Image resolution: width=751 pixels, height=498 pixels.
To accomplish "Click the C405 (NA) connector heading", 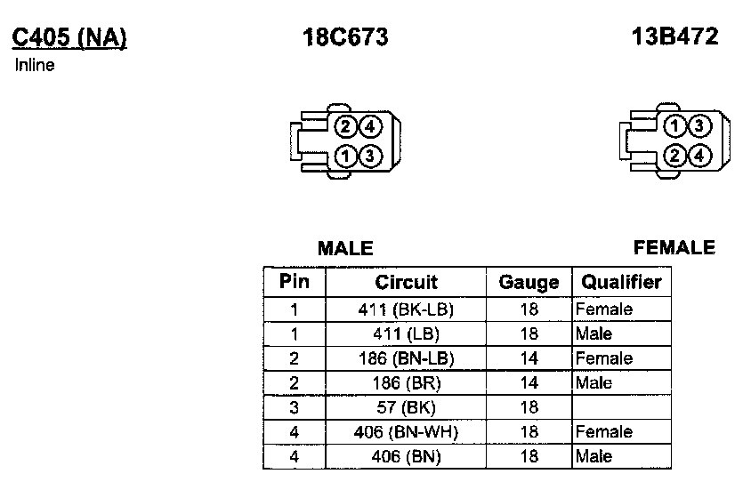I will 69,37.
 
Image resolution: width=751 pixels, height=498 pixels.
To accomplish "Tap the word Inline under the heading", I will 35,65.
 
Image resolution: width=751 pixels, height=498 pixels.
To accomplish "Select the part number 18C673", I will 345,37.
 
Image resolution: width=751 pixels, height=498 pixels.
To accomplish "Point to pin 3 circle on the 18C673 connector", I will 370,157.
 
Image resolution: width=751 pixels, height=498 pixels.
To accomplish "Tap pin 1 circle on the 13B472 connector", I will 677,126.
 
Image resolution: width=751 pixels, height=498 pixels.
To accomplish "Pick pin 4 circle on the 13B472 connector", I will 701,157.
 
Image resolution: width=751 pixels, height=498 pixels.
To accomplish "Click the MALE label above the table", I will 345,249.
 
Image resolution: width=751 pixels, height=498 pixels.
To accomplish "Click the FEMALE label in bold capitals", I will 674,247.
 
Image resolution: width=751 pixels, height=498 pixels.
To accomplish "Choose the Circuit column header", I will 406,283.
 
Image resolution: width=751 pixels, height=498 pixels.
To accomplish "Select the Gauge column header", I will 529,283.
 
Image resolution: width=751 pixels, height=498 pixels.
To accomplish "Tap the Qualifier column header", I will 621,283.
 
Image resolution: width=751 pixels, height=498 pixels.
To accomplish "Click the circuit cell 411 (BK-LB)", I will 406,309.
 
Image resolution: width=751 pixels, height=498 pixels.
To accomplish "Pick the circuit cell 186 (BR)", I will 406,383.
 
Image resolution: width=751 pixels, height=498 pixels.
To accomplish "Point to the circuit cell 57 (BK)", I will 406,407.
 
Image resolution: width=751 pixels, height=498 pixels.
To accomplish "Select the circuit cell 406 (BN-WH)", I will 406,432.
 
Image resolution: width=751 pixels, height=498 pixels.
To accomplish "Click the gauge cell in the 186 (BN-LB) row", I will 529,358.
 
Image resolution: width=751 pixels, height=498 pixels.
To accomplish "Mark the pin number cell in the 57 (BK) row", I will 295,407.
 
